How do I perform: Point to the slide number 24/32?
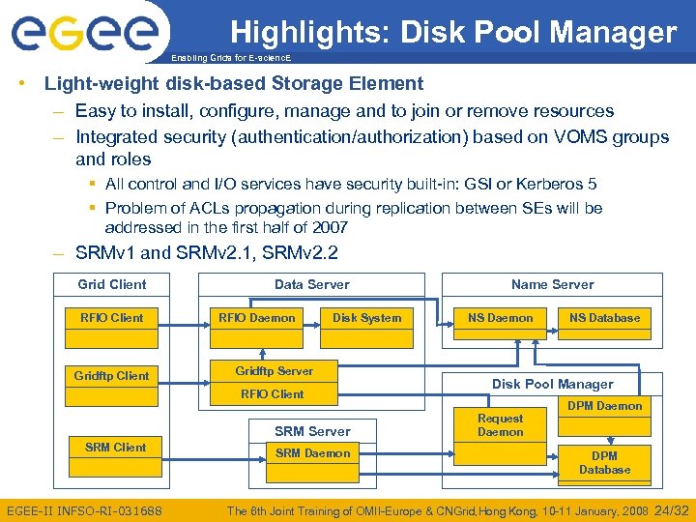(673, 509)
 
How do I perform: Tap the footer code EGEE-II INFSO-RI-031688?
(85, 510)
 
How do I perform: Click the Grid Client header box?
(112, 284)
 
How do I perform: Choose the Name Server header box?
(552, 284)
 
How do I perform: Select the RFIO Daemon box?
(257, 318)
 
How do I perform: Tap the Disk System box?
(367, 318)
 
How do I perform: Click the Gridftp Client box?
(112, 375)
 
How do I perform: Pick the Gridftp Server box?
(274, 371)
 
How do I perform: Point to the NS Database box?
(604, 318)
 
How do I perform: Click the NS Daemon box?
(500, 318)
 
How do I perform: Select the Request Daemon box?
(500, 425)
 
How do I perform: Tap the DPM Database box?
(604, 463)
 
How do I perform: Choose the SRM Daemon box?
(312, 452)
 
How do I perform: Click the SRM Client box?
(115, 448)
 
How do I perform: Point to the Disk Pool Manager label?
(552, 384)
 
